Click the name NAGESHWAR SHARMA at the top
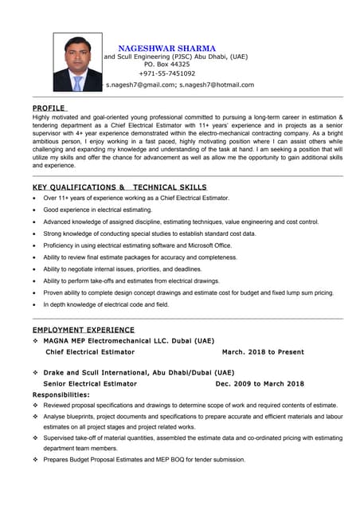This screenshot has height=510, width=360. click(166, 49)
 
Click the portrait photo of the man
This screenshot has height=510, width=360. click(78, 62)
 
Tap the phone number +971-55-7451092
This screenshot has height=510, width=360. click(166, 73)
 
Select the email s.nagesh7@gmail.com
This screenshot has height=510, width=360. click(140, 84)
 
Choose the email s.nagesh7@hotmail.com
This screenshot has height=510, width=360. click(217, 84)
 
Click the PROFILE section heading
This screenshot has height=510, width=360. click(49, 108)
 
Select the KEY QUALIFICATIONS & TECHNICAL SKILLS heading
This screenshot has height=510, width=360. click(119, 186)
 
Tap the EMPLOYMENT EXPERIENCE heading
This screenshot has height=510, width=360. click(83, 330)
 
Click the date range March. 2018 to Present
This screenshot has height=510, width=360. click(263, 351)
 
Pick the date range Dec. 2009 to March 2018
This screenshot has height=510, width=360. click(260, 383)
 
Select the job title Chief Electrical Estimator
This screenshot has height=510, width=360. click(90, 351)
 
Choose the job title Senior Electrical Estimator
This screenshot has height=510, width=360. click(90, 383)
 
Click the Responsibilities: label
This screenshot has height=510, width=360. click(61, 394)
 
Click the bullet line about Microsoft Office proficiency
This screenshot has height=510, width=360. click(138, 245)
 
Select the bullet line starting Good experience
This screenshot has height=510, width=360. click(97, 210)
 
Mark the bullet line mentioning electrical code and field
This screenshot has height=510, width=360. click(106, 304)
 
